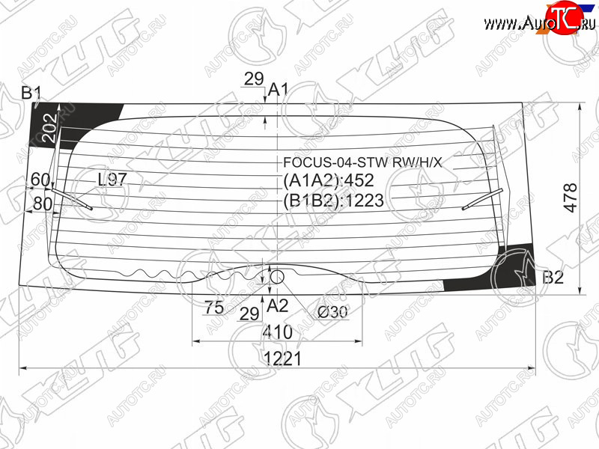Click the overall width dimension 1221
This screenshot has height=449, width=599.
[283, 359]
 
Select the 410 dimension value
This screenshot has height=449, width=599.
[278, 332]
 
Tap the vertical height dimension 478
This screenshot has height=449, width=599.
[571, 198]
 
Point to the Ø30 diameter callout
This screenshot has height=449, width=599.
[332, 312]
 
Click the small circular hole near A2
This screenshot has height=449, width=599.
[277, 277]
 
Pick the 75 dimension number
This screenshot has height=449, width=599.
[214, 307]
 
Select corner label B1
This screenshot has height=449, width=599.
[31, 92]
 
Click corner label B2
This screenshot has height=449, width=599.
[553, 277]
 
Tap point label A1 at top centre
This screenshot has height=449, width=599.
[278, 90]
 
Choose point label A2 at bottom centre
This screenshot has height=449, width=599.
[277, 306]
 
